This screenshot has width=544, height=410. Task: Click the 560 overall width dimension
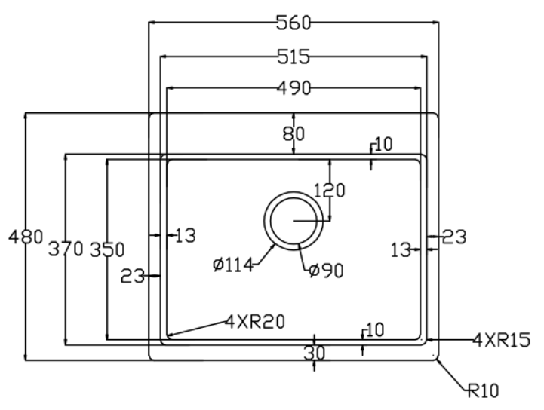pyautogui.click(x=294, y=23)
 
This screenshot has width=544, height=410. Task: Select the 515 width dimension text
pyautogui.click(x=294, y=57)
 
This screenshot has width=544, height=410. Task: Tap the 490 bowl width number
pyautogui.click(x=294, y=89)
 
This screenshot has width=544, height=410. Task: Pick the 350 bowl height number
pyautogui.click(x=107, y=249)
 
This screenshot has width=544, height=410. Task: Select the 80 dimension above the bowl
pyautogui.click(x=294, y=134)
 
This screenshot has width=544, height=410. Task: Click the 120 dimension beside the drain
pyautogui.click(x=329, y=190)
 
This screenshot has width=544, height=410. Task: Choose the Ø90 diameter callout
pyautogui.click(x=325, y=270)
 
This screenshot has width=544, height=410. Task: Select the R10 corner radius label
pyautogui.click(x=482, y=390)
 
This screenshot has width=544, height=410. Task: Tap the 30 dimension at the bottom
pyautogui.click(x=314, y=352)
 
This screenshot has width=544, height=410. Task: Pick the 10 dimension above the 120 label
pyautogui.click(x=383, y=145)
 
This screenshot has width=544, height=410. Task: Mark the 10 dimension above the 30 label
pyautogui.click(x=373, y=329)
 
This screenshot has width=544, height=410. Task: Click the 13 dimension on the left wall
pyautogui.click(x=185, y=236)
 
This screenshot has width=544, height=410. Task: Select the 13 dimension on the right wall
pyautogui.click(x=401, y=249)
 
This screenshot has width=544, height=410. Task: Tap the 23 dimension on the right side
pyautogui.click(x=454, y=237)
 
